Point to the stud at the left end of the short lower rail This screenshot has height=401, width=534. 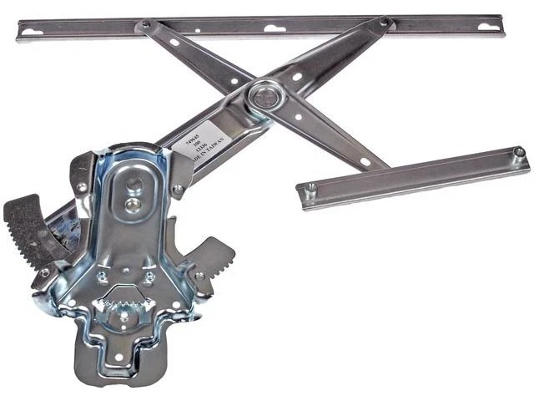310,190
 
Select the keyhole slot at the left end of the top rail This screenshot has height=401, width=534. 30,33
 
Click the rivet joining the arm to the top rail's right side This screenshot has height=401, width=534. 385,23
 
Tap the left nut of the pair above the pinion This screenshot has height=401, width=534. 103,279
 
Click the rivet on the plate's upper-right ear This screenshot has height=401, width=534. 177,190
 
